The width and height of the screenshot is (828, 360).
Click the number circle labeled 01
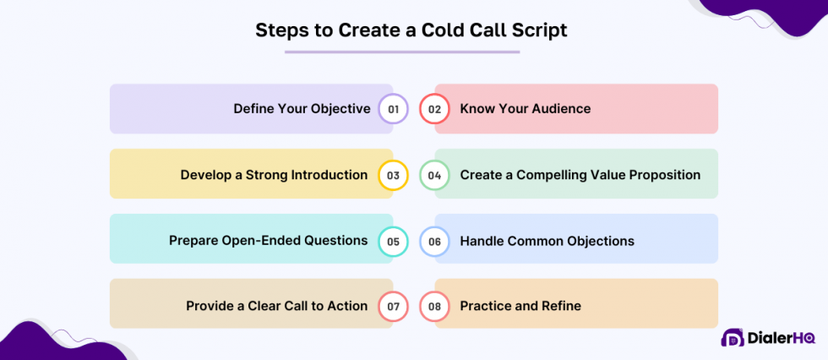(x=393, y=109)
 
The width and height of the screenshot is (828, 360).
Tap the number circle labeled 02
(x=435, y=109)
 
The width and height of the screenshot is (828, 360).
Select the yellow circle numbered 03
(x=393, y=175)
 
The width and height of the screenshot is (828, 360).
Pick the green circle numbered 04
(x=435, y=175)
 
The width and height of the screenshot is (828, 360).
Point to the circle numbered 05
(x=393, y=241)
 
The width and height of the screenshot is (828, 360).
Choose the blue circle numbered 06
(x=435, y=241)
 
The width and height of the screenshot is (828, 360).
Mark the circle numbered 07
(x=393, y=306)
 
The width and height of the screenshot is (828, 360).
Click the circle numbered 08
(x=435, y=306)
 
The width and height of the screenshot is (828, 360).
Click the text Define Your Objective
(x=302, y=109)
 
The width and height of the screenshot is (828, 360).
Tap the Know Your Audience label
(x=525, y=109)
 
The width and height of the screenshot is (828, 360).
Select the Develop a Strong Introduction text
(x=274, y=175)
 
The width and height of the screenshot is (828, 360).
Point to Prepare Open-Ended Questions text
(x=268, y=241)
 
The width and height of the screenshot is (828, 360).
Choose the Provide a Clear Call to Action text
(x=276, y=306)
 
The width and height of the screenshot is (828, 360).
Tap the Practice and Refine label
(x=520, y=306)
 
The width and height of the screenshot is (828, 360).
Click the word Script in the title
(x=541, y=30)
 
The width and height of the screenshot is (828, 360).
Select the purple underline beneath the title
(x=402, y=52)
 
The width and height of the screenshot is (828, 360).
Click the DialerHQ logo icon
(x=732, y=338)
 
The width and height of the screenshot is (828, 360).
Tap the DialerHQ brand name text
(x=781, y=338)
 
